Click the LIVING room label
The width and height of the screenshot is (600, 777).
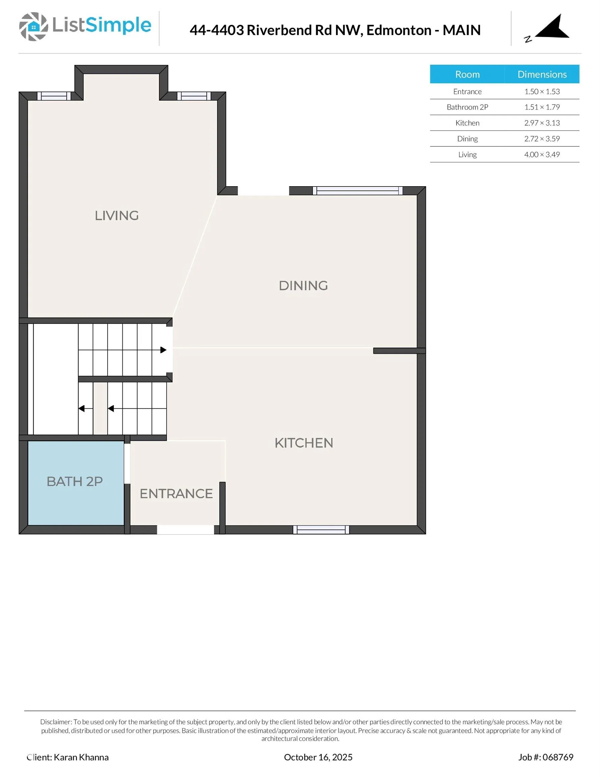(117, 215)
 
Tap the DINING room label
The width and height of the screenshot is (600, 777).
(303, 286)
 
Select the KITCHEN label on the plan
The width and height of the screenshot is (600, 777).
(304, 443)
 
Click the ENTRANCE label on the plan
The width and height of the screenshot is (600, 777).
(176, 494)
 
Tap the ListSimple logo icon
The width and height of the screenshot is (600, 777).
(33, 27)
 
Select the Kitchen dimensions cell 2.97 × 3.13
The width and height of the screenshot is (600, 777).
(542, 123)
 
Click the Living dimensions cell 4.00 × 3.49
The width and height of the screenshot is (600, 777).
(542, 155)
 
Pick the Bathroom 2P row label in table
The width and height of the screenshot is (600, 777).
(467, 107)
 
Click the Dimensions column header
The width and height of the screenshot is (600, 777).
(542, 74)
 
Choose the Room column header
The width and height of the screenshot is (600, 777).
(467, 74)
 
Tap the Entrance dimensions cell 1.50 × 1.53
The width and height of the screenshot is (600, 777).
(542, 91)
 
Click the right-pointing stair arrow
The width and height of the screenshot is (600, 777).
(163, 350)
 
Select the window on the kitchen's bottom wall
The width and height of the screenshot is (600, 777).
(321, 530)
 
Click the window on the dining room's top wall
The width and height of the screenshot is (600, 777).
(357, 191)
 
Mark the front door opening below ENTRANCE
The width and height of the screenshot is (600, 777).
(185, 530)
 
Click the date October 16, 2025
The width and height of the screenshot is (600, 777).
(318, 757)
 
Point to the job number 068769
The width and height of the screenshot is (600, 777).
(558, 757)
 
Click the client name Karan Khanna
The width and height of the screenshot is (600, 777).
(81, 757)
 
